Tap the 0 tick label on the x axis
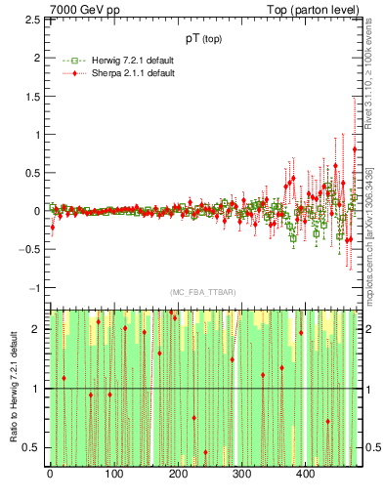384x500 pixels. pyautogui.click(x=50, y=476)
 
